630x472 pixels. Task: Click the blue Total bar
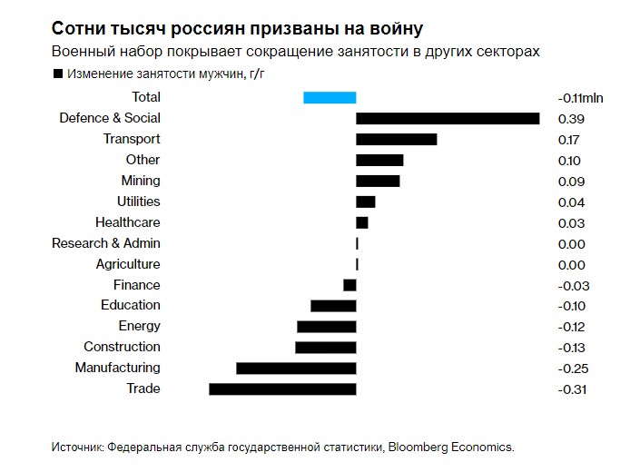click(329, 97)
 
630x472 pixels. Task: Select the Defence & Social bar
click(448, 118)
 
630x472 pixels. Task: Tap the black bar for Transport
click(396, 139)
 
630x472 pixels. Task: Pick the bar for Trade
click(282, 388)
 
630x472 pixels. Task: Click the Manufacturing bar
click(296, 368)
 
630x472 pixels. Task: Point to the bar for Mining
click(378, 181)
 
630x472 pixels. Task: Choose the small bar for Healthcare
click(361, 222)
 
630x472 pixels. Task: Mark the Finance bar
click(349, 285)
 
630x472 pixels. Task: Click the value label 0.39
click(571, 119)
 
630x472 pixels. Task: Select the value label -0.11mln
click(581, 98)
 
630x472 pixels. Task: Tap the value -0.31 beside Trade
click(573, 389)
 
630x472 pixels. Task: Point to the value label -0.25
click(573, 369)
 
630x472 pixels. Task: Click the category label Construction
click(122, 347)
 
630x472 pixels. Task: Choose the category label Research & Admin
click(106, 243)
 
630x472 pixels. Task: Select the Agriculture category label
click(128, 264)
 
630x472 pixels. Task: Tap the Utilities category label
click(139, 202)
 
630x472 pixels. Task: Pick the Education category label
click(131, 305)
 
